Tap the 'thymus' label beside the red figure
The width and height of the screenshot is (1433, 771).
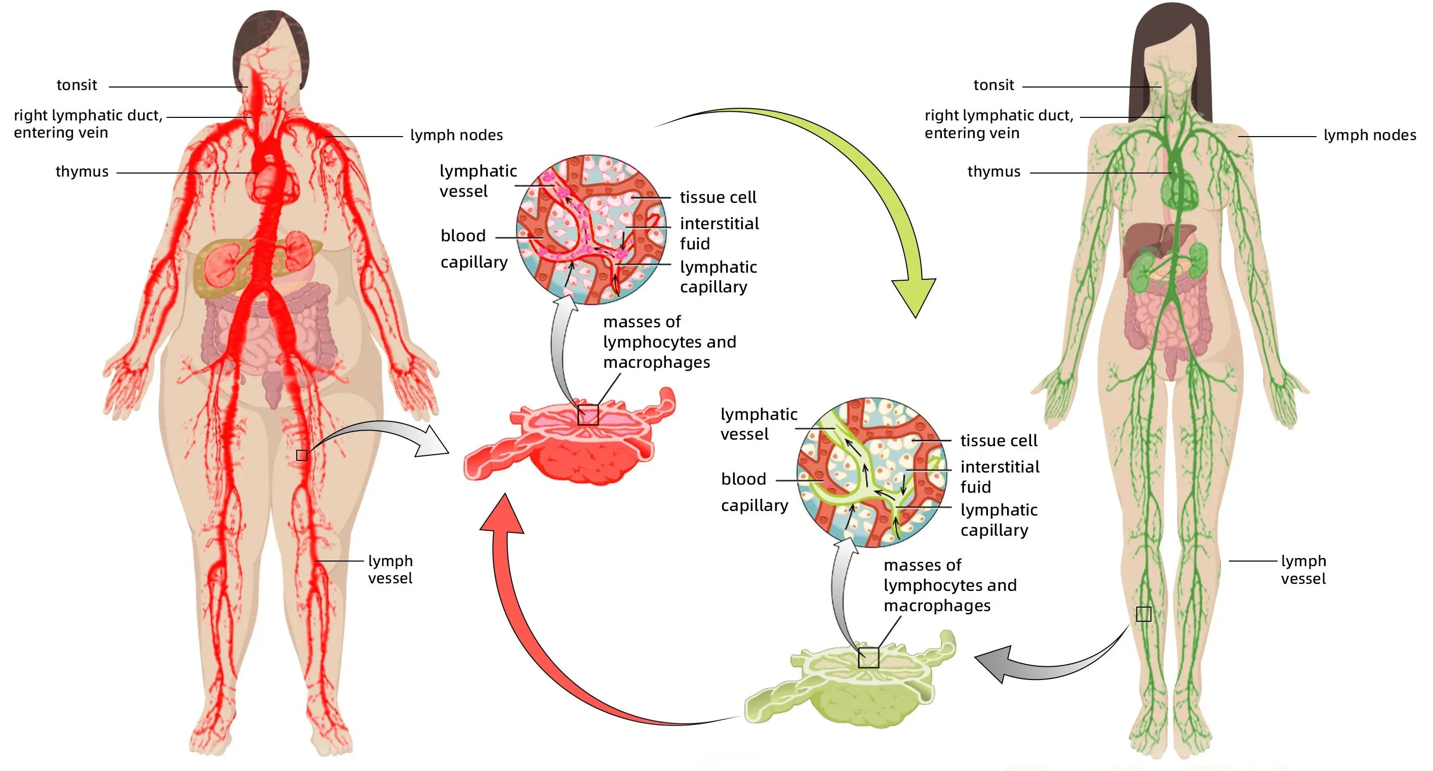(82, 172)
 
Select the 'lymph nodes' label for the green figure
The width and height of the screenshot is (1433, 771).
(1370, 135)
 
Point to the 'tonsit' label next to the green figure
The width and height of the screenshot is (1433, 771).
(993, 85)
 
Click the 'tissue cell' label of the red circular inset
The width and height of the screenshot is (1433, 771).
(718, 197)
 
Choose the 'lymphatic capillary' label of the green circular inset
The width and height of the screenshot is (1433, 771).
(999, 520)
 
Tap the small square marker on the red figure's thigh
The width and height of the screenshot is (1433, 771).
(301, 455)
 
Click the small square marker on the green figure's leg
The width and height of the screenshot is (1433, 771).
(1143, 614)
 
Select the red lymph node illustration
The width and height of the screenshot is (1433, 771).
(573, 445)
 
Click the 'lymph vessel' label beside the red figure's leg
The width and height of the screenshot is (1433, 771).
(390, 569)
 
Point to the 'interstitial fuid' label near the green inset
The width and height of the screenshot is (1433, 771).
(1000, 477)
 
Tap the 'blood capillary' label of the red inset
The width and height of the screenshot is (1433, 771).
(473, 248)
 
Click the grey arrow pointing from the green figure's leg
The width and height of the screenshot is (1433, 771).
(1046, 664)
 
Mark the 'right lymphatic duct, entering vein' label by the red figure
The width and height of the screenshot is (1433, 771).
(88, 124)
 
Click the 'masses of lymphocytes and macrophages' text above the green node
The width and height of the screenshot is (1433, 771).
(949, 585)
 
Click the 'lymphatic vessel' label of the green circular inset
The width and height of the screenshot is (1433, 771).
(758, 423)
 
